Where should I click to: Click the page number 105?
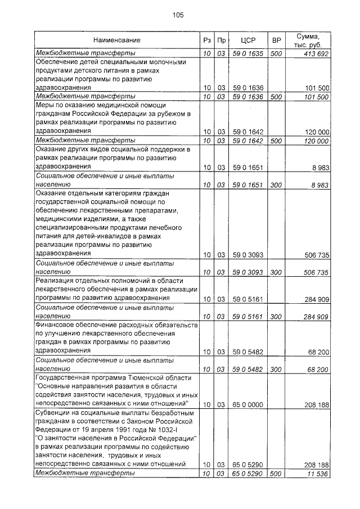[x=179, y=15]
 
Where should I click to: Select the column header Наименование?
[x=117, y=40]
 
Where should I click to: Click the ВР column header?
[x=276, y=40]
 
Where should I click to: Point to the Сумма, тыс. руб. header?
[x=310, y=40]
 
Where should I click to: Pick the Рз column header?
[x=206, y=40]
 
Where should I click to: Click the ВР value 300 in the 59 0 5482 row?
[x=276, y=369]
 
